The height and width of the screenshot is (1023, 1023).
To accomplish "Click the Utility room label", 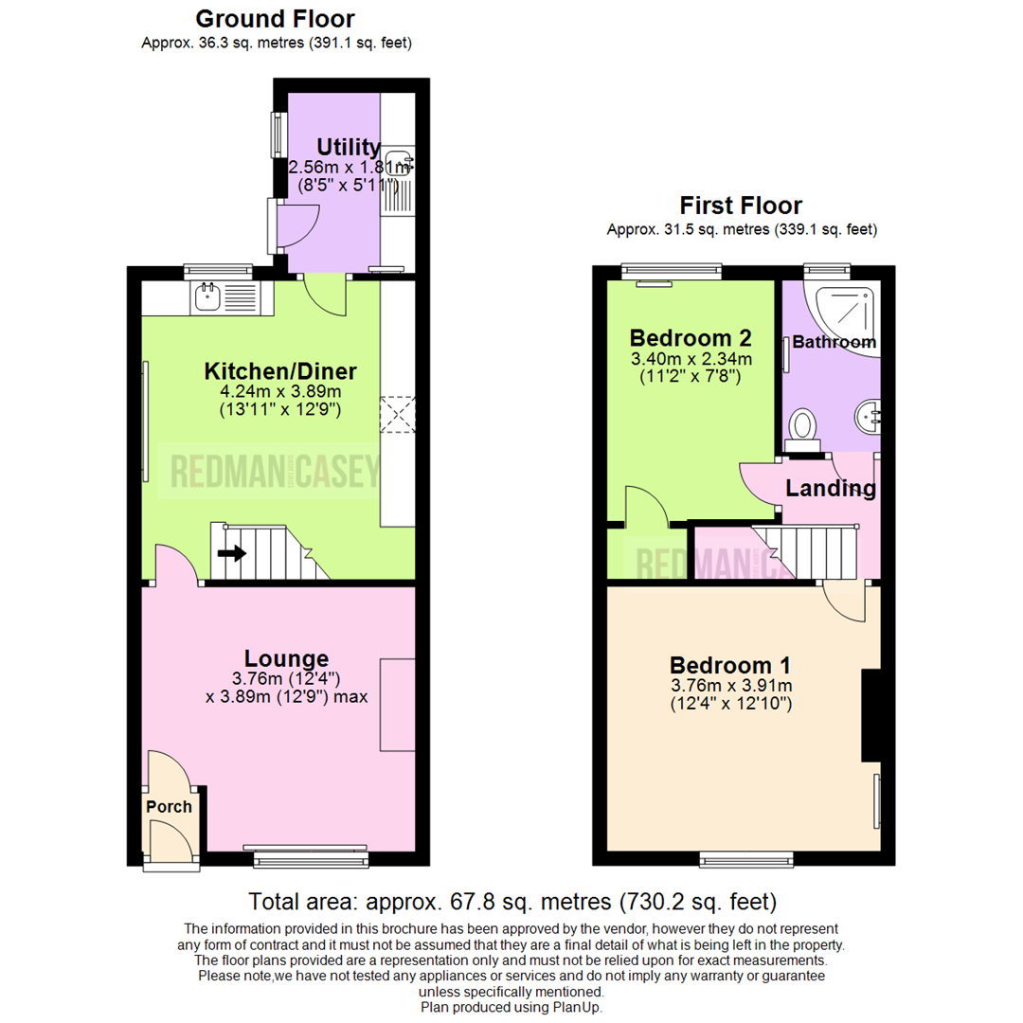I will (349, 147).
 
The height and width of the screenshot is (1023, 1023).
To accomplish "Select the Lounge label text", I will (286, 657).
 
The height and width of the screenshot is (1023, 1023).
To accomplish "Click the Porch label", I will (169, 807).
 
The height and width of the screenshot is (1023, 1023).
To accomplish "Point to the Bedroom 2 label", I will (691, 338).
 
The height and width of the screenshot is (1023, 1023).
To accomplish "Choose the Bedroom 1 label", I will (730, 665).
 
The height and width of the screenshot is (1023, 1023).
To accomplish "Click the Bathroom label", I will (834, 342).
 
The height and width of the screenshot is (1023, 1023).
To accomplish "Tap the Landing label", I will (831, 489).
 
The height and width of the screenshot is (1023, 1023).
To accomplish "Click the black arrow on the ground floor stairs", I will (230, 553).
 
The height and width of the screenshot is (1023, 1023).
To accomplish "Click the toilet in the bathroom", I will (804, 427).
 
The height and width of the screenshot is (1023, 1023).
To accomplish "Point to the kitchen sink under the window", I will (206, 297).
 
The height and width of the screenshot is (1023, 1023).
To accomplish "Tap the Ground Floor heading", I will (275, 18).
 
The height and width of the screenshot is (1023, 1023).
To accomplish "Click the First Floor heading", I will (741, 206).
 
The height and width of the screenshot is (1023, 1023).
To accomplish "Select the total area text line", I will (511, 900).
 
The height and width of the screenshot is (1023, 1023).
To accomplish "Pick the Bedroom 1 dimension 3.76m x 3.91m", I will (730, 685).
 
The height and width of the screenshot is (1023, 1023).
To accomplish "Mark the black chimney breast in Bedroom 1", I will (870, 716).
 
